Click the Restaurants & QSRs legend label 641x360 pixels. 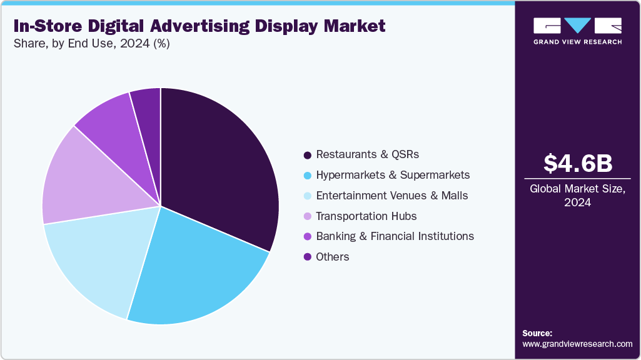coord(367,154)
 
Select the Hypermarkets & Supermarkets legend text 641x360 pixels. coord(393,175)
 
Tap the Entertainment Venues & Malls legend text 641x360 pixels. coord(392,196)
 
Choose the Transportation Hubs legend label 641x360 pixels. coord(366,216)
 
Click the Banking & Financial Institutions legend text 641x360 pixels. coord(395,236)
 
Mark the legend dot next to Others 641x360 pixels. coord(307,257)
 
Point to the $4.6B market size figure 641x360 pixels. coord(577,163)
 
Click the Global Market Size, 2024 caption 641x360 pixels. coord(577,195)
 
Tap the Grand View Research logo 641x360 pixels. coord(577,31)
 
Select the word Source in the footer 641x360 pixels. coord(537,333)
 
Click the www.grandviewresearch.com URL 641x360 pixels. coord(577,344)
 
